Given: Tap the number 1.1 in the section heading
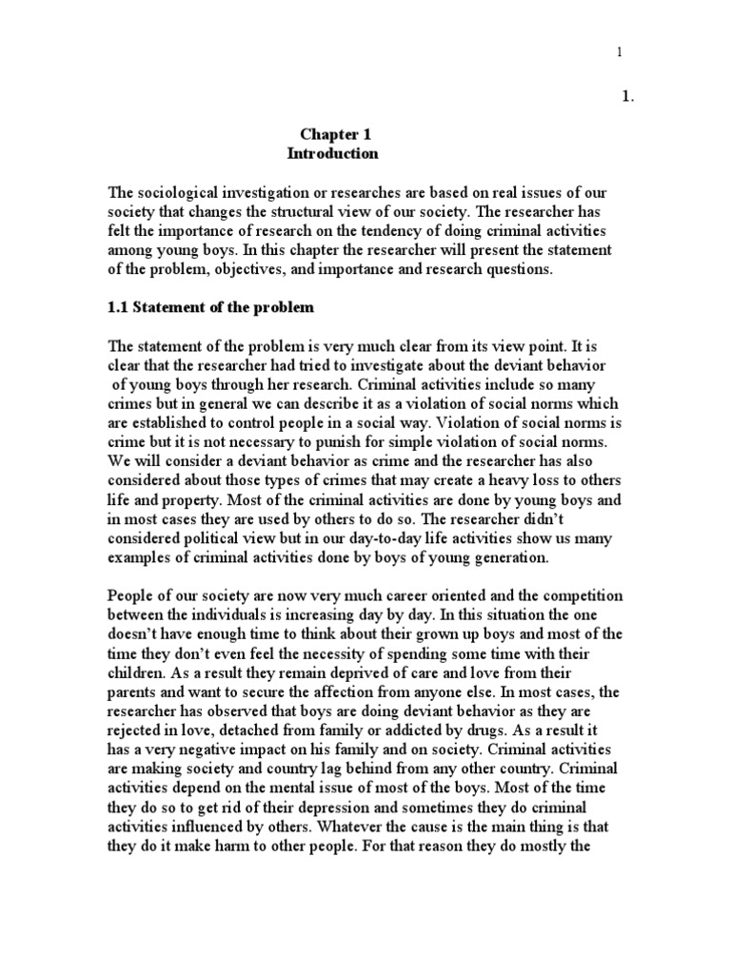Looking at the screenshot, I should (x=121, y=308).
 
